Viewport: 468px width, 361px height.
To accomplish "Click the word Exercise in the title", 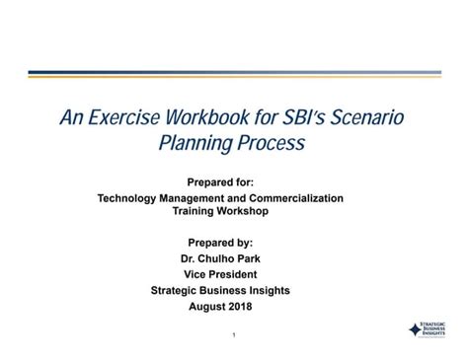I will (124, 118).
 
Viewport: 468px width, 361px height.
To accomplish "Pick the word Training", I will (195, 211).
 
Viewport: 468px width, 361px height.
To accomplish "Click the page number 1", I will (234, 336).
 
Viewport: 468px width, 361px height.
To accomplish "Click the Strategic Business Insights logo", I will (427, 330).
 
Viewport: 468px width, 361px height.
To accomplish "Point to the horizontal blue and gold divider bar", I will (234, 73).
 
